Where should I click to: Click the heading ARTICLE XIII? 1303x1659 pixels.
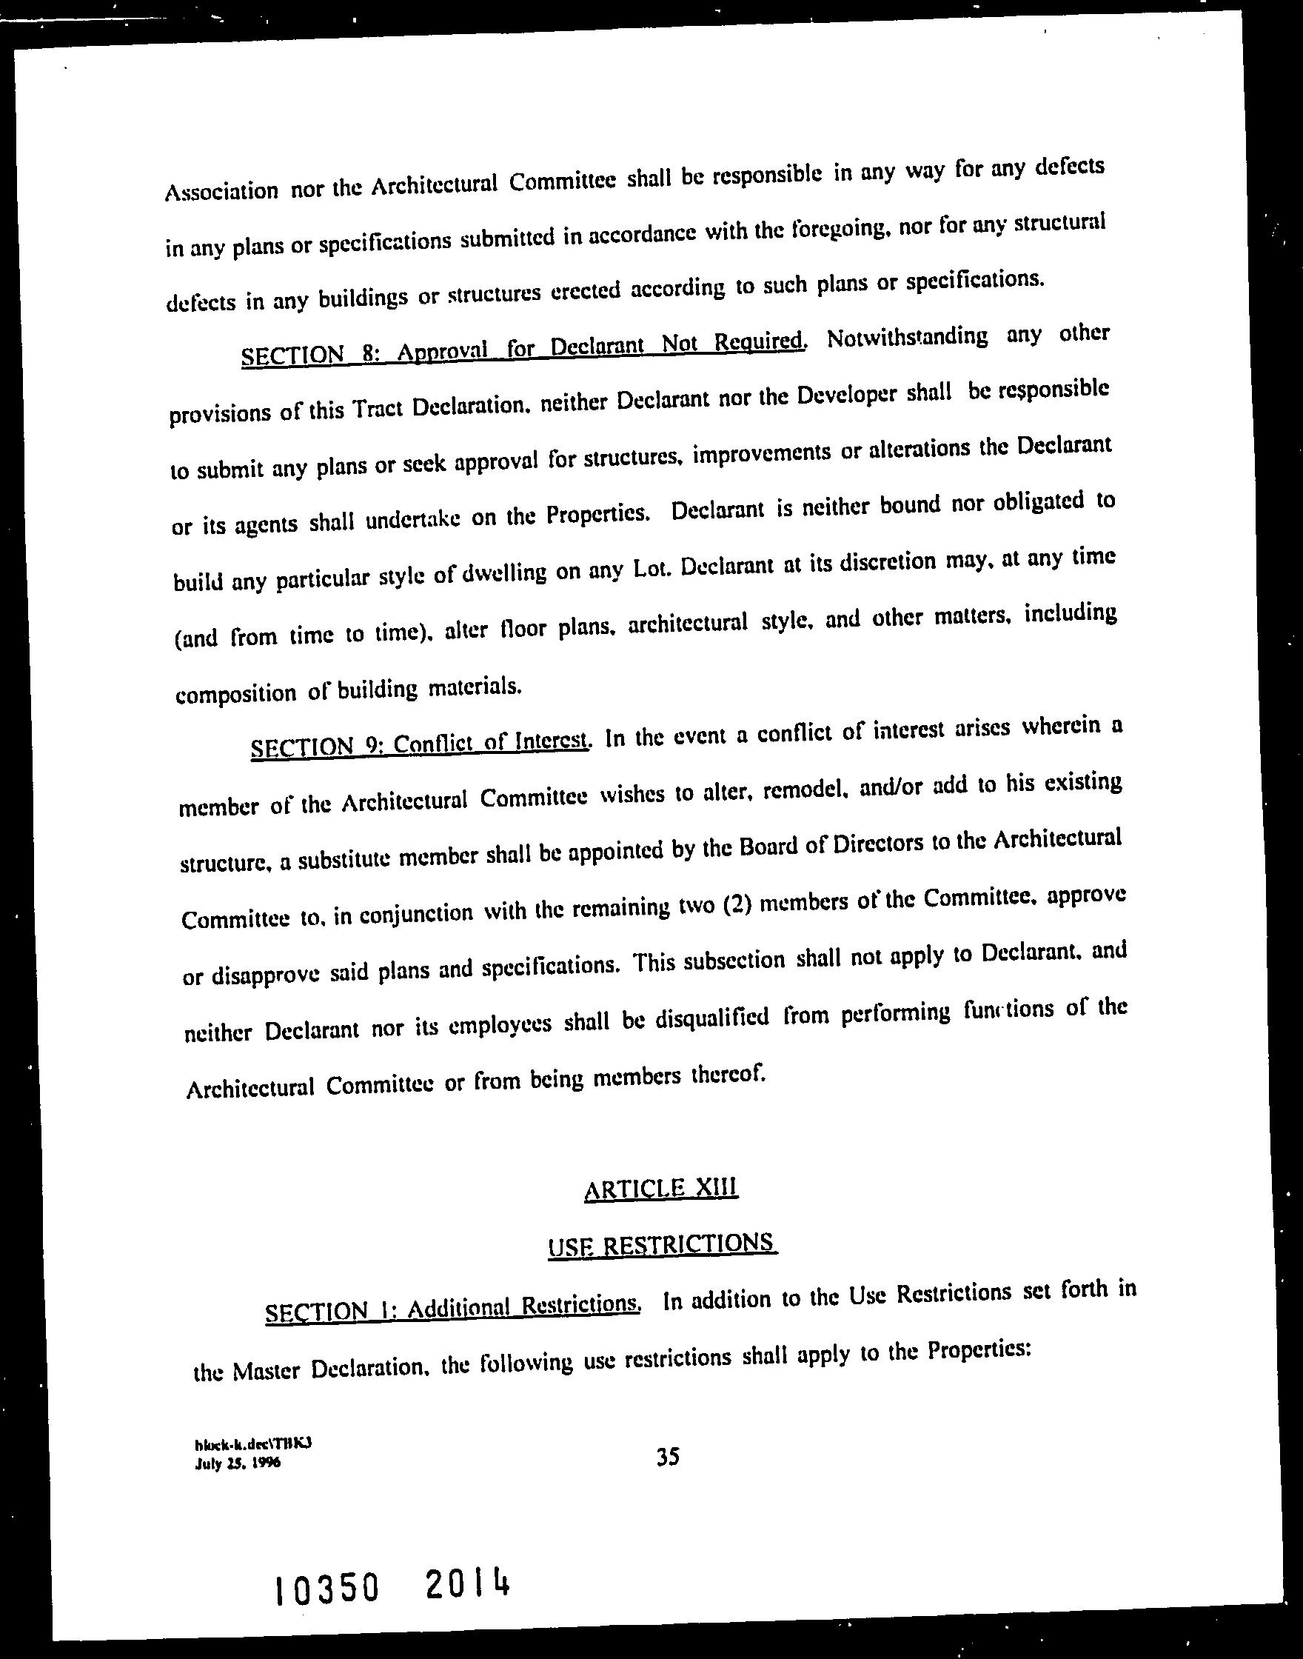(660, 1187)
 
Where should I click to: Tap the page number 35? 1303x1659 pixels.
(668, 1458)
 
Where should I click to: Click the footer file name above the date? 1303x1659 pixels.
(254, 1444)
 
